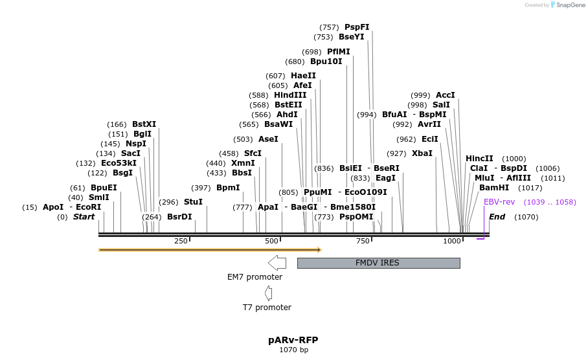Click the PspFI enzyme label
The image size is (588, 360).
[x=357, y=27]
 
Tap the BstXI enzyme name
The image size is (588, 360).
[x=144, y=124]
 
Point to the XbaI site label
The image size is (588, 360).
[x=422, y=153]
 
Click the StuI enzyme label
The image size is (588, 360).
[x=193, y=202]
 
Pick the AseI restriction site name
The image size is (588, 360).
[x=268, y=139]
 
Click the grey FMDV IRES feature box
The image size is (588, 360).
[x=378, y=263]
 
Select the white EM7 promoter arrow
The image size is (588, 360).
[x=277, y=262]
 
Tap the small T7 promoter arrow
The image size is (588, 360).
[x=267, y=293]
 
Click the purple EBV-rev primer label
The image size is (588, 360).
[x=499, y=202]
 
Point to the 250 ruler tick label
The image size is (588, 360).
[x=181, y=242]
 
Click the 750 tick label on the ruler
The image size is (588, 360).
[x=363, y=242]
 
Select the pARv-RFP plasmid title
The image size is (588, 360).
[x=293, y=340]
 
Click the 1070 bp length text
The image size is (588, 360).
[x=293, y=350]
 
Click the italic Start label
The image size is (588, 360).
[x=84, y=217]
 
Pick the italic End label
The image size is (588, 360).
[x=497, y=217]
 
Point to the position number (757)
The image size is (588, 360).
[x=330, y=27]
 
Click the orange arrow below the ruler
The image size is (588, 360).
[x=210, y=249]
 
